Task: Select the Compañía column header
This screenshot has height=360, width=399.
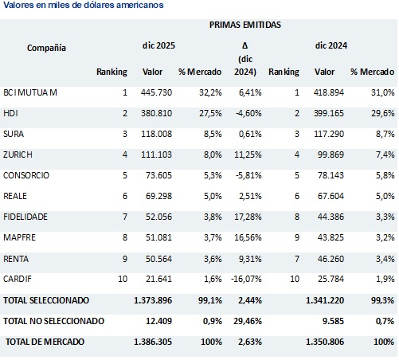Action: tap(46, 48)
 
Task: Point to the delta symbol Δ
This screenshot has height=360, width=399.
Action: tap(244, 45)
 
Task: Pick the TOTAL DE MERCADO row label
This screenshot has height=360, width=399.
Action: tap(46, 341)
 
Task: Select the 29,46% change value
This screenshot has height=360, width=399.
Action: tap(244, 320)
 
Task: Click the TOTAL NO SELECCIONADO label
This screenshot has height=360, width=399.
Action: tap(53, 320)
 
